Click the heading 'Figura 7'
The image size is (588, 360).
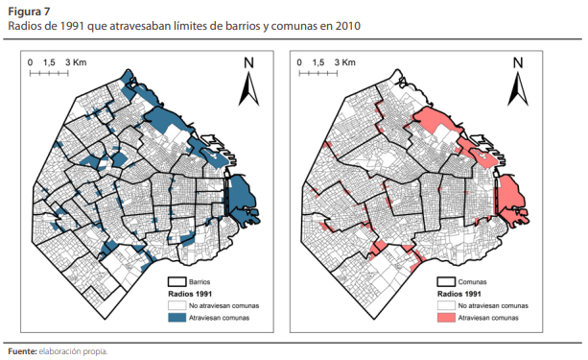[x=30, y=11]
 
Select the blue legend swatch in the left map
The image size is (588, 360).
[x=173, y=317]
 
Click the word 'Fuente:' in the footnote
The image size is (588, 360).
[x=22, y=350]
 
